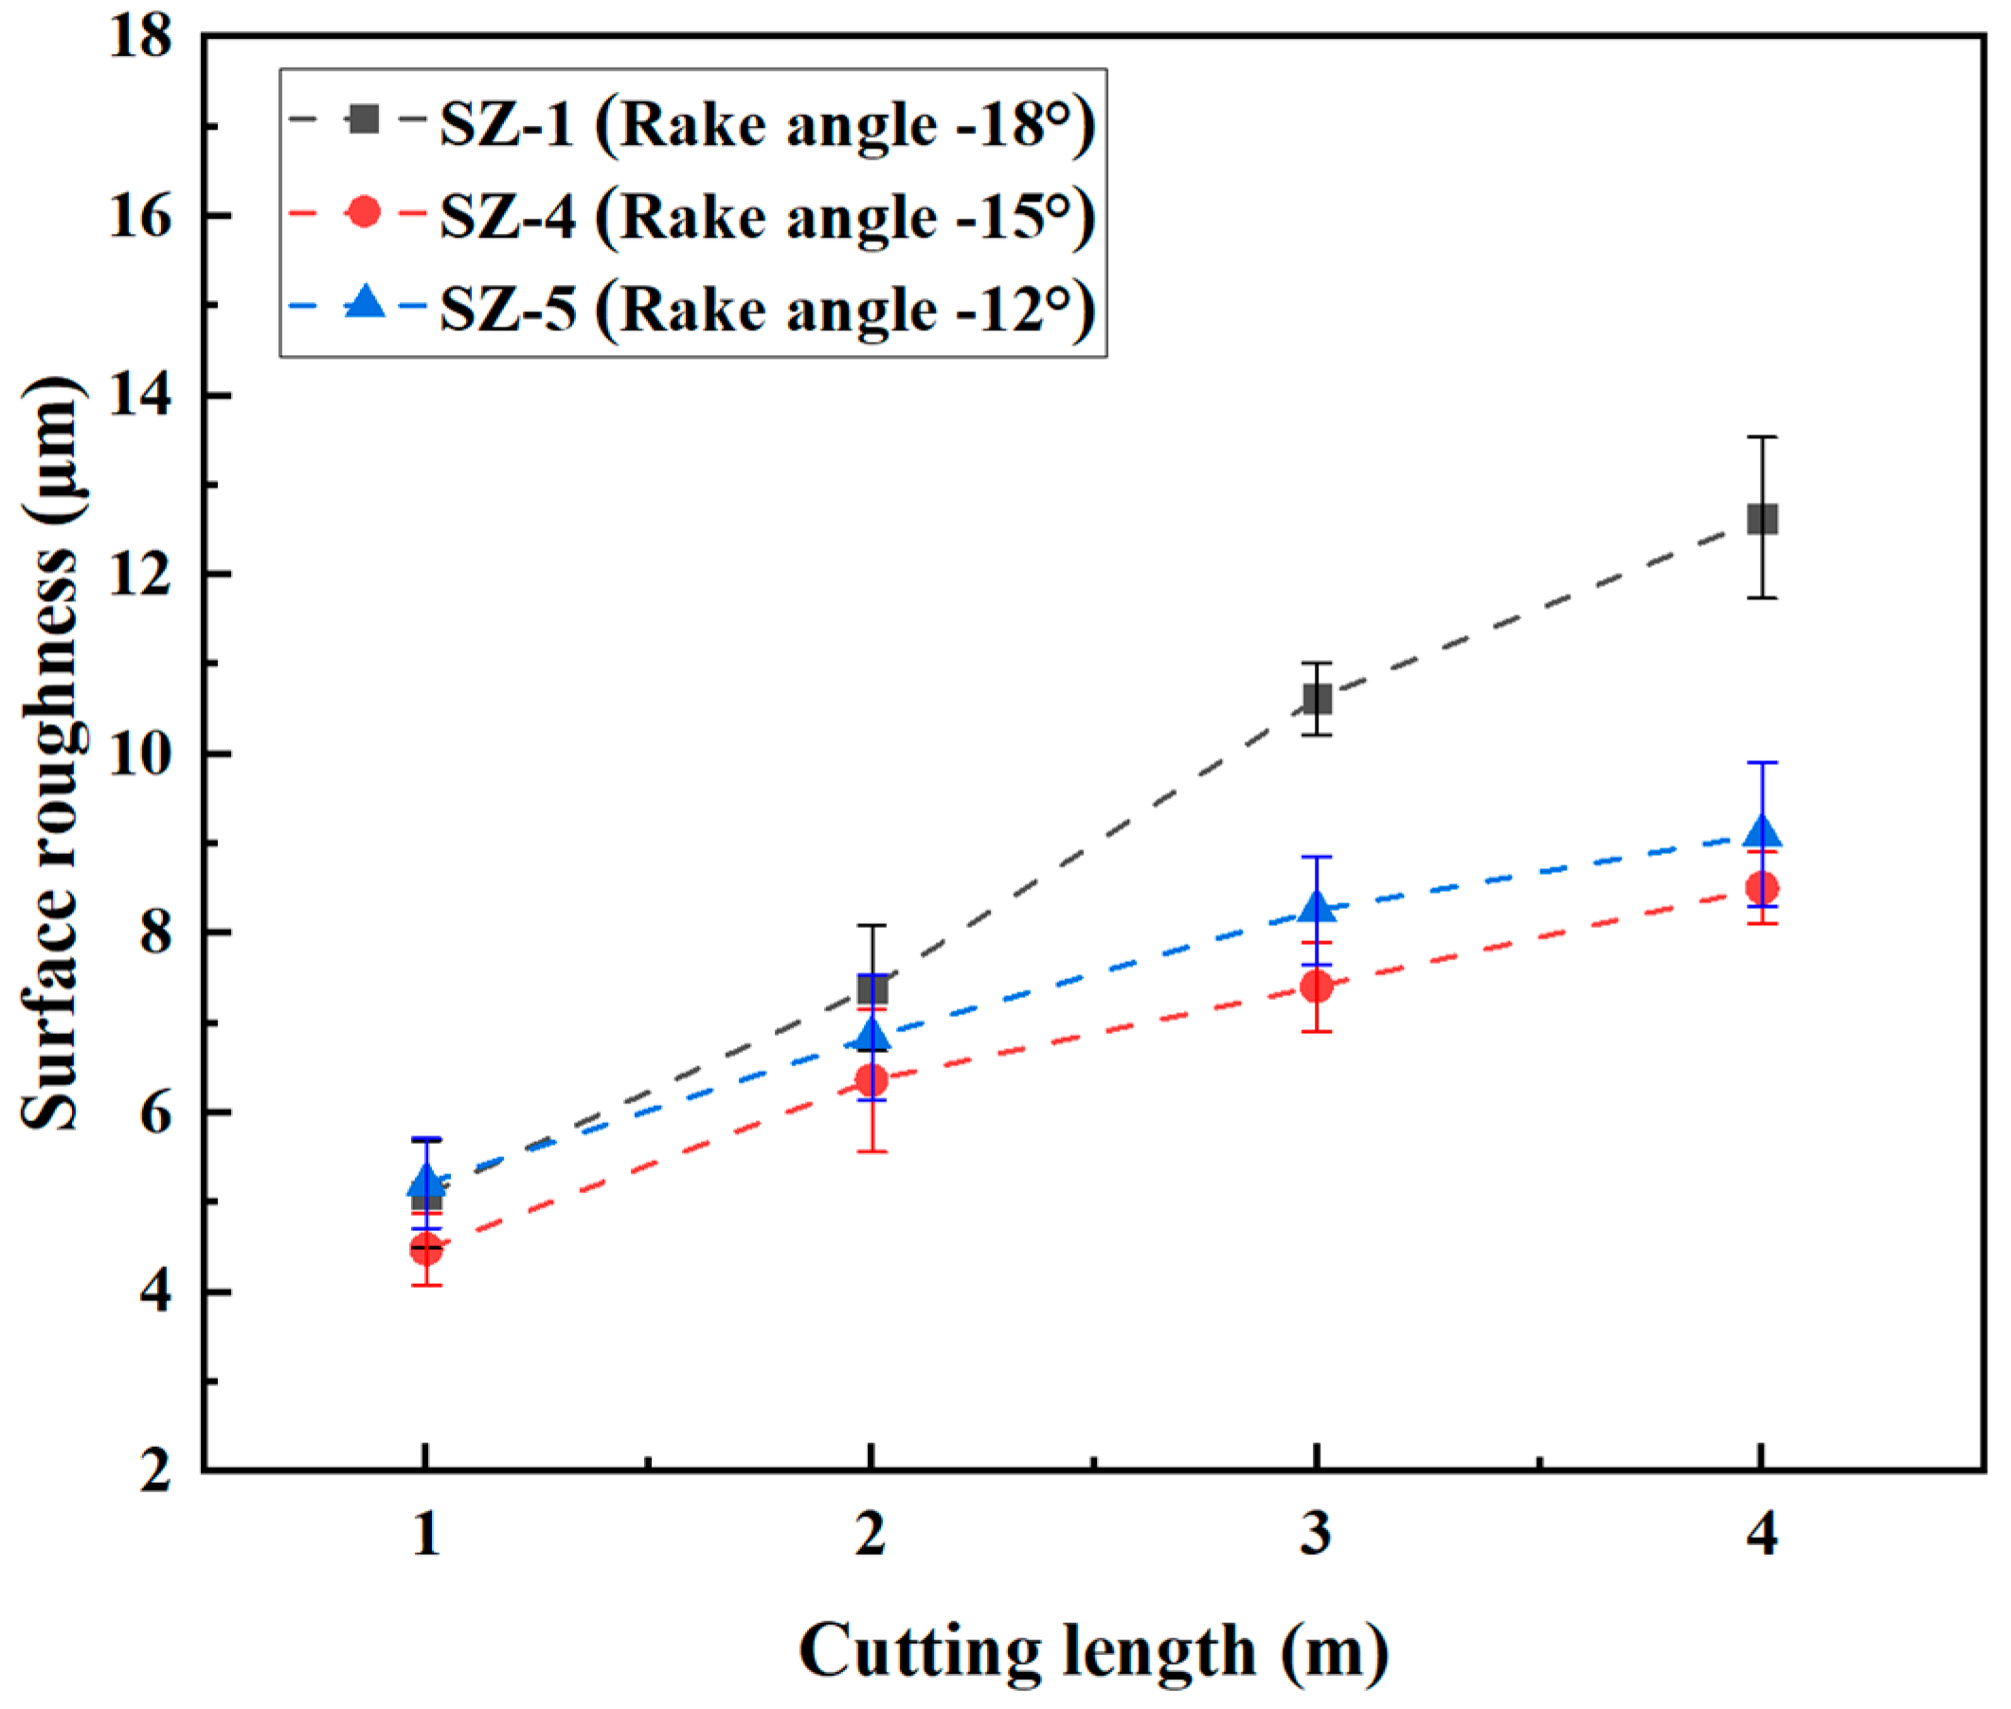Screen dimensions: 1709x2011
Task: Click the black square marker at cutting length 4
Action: pyautogui.click(x=1761, y=518)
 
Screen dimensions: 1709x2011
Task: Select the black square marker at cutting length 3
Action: pyautogui.click(x=1316, y=698)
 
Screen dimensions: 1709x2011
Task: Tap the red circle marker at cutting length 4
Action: pyautogui.click(x=1761, y=886)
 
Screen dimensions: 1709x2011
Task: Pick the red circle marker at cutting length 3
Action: pyautogui.click(x=1316, y=987)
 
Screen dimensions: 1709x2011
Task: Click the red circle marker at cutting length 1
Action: pyautogui.click(x=425, y=1249)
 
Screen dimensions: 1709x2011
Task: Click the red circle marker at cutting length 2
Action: pyautogui.click(x=871, y=1078)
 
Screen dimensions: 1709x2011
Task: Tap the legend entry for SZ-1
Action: pyautogui.click(x=765, y=124)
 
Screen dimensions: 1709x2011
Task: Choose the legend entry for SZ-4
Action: pyautogui.click(x=765, y=215)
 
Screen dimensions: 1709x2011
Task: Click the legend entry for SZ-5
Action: pyautogui.click(x=765, y=308)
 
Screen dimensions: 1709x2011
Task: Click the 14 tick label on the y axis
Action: pyautogui.click(x=139, y=395)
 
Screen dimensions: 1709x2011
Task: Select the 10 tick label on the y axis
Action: pyautogui.click(x=139, y=754)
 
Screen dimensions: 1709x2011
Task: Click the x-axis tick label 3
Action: pyautogui.click(x=1315, y=1534)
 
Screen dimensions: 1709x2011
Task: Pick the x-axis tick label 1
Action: pyautogui.click(x=425, y=1534)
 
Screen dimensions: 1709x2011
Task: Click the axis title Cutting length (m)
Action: pyautogui.click(x=1092, y=1650)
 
